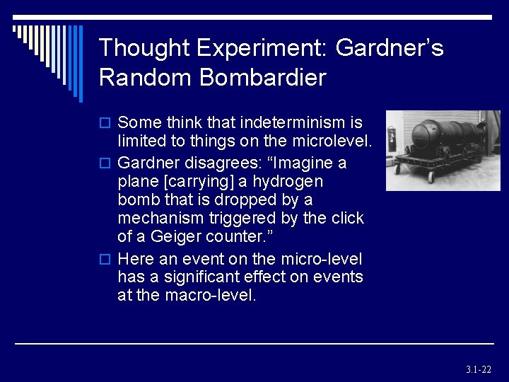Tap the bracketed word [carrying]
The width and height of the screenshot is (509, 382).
click(198, 181)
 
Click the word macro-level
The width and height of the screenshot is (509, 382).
click(210, 295)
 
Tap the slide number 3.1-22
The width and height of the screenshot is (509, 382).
click(479, 369)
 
